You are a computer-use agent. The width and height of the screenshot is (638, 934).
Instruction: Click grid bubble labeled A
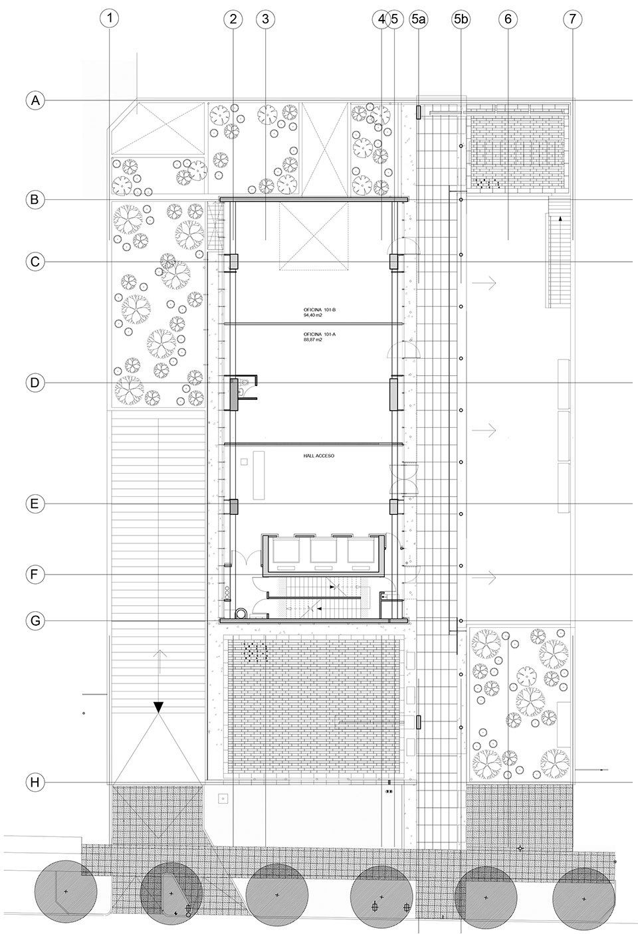35,100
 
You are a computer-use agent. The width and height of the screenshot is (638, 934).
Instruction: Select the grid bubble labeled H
35,783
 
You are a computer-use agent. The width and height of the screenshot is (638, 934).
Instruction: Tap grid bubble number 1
109,19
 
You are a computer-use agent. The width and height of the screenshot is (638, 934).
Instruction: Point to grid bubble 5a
419,19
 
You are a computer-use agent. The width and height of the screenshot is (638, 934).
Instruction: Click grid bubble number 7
572,19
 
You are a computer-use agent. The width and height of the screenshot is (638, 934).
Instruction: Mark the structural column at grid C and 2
233,262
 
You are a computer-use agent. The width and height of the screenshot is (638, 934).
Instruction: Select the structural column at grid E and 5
394,507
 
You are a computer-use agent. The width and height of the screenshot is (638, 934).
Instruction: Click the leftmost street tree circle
64,890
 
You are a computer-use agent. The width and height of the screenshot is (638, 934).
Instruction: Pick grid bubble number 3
265,19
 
